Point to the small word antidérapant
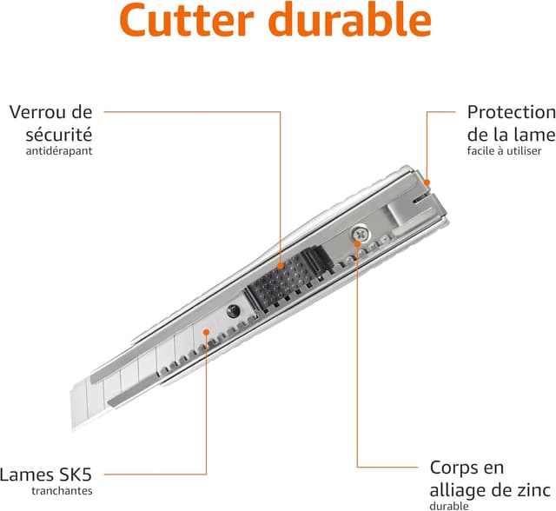[x=60, y=150]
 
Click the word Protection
[x=511, y=112]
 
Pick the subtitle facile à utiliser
[x=504, y=150]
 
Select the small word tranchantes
[x=62, y=491]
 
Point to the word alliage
[x=457, y=489]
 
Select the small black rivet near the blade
[x=233, y=312]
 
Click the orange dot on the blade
[x=206, y=331]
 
